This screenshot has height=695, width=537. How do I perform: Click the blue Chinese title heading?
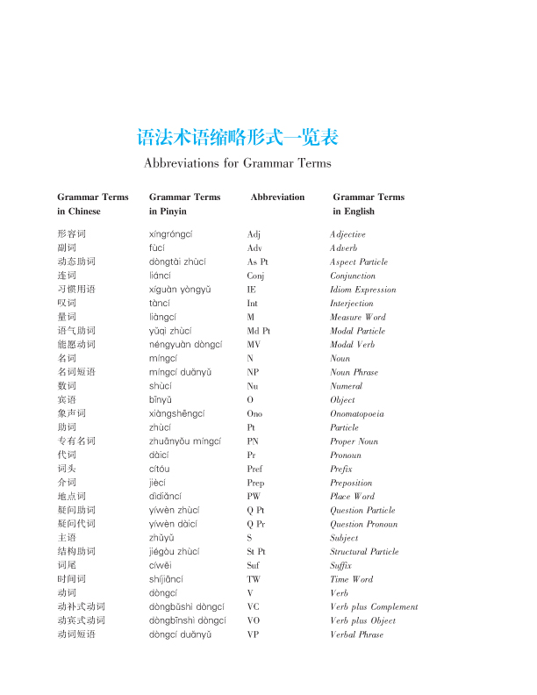[238, 138]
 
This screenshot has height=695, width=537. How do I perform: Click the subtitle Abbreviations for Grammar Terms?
[238, 163]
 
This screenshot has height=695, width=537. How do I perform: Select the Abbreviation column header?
[277, 197]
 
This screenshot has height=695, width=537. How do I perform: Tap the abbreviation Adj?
[254, 234]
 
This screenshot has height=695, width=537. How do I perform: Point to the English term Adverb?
[344, 248]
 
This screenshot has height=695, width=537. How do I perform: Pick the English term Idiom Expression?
[363, 290]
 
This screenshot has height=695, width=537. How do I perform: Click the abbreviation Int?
[254, 304]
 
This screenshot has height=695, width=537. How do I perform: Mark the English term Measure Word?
[358, 318]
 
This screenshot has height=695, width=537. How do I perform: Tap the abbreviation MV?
[254, 345]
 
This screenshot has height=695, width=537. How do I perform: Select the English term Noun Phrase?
[354, 373]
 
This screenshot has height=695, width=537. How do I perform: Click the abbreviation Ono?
[254, 413]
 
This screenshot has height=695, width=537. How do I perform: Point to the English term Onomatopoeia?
[357, 413]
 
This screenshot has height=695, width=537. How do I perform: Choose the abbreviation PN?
[253, 441]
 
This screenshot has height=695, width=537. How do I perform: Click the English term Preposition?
[351, 483]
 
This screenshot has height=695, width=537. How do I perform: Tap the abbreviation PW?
[254, 497]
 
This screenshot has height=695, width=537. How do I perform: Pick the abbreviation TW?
[254, 579]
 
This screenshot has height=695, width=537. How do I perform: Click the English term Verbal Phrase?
[357, 634]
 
